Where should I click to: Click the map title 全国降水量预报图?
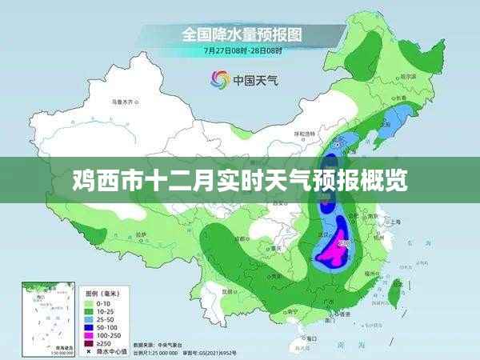pos(240,35)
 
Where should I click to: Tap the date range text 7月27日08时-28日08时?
pos(240,50)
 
